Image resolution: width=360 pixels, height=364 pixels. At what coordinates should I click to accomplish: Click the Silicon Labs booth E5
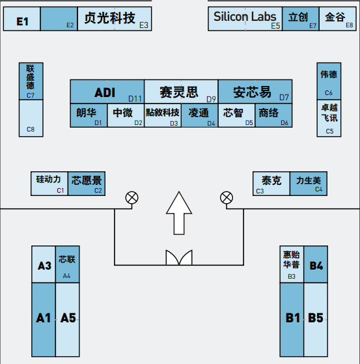pos(245,19)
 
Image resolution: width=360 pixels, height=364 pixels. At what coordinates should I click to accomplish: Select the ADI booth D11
pos(107,91)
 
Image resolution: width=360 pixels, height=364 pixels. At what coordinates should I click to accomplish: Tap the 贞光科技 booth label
pos(109,18)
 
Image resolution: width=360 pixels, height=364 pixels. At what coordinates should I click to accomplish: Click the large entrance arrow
pos(179,213)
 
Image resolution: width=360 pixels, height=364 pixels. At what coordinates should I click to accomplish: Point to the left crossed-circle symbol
pos(132,198)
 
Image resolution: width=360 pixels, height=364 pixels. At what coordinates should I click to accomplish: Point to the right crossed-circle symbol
pos(227,198)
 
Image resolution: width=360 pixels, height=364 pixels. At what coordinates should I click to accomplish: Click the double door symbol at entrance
pos(179,257)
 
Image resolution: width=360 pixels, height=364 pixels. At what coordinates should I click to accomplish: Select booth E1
pos(22,19)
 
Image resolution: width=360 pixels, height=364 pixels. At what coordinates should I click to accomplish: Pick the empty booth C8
pos(31,118)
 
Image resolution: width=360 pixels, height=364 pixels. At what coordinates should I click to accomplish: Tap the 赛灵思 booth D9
pos(181,91)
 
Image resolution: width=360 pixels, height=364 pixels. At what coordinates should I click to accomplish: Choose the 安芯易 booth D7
pos(255,91)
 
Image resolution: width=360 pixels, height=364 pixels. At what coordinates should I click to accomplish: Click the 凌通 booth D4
pos(200,115)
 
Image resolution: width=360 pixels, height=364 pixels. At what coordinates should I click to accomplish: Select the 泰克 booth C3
pos(271,184)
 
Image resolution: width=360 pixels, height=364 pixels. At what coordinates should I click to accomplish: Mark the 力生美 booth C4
pos(309,184)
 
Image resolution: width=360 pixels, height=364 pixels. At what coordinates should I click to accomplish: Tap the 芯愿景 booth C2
pos(87,184)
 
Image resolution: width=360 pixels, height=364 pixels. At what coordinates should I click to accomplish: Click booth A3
pos(44,264)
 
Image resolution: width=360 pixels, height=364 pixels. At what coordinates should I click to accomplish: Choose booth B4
pos(316,264)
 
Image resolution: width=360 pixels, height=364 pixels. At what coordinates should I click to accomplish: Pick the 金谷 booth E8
pos(338,19)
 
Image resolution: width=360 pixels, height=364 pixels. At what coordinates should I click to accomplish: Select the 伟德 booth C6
pos(329,81)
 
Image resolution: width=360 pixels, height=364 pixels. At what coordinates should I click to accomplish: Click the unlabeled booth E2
pos(59,19)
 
